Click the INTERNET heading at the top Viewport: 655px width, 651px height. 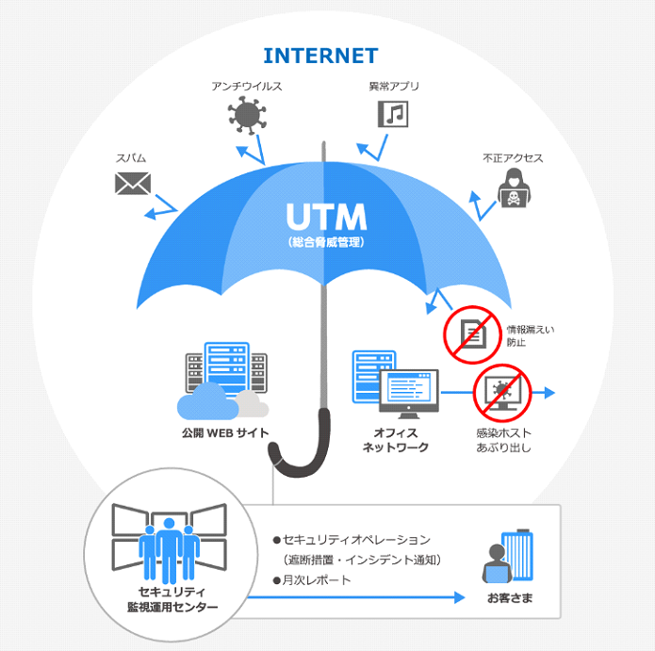click(x=320, y=55)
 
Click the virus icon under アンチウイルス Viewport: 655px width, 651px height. click(x=247, y=116)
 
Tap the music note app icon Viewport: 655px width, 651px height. click(x=394, y=114)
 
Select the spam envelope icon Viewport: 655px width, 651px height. click(x=133, y=183)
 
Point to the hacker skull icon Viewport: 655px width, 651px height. click(x=512, y=188)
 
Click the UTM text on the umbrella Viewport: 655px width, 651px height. click(x=326, y=218)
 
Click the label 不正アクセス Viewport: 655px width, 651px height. click(x=513, y=158)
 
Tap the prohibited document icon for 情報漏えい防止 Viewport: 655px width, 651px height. click(x=472, y=334)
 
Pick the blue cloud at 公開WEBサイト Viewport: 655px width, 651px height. click(x=205, y=403)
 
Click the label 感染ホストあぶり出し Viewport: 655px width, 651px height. click(x=503, y=440)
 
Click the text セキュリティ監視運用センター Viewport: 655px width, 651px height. click(x=165, y=599)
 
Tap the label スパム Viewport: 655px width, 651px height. click(x=131, y=158)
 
